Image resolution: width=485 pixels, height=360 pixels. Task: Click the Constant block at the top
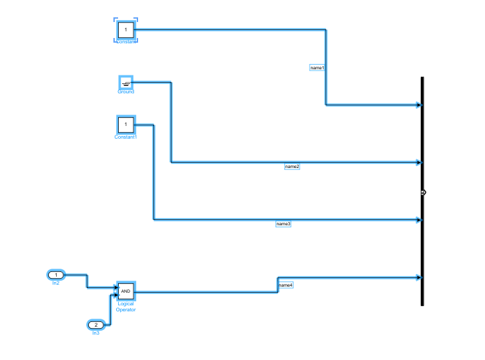pos(125,30)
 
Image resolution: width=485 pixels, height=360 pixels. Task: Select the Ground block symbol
pos(126,83)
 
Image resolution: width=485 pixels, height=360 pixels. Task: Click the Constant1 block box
pos(125,124)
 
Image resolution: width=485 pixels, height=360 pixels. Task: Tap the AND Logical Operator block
pos(126,291)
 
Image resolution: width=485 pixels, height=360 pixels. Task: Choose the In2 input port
pos(57,275)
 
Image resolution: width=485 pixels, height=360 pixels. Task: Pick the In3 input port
pos(96,325)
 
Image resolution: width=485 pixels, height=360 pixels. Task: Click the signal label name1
pos(317,68)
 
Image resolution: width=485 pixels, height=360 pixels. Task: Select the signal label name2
pos(292,166)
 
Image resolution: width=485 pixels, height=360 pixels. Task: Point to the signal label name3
pos(284,224)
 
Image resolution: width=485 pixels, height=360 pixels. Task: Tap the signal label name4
pos(286,285)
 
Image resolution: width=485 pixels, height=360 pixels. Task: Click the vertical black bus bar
pos(422,147)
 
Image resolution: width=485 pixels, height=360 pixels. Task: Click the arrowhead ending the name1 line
pos(418,105)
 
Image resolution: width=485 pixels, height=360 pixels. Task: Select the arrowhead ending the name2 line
pos(418,162)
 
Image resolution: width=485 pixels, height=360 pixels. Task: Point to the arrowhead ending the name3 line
pos(418,220)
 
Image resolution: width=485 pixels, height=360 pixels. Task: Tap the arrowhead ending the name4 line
pos(418,277)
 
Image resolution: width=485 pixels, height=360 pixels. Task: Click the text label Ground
pos(126,92)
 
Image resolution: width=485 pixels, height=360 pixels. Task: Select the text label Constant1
pos(125,137)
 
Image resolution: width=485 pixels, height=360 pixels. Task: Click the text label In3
pos(96,333)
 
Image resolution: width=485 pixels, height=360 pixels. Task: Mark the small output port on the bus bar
pos(423,192)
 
